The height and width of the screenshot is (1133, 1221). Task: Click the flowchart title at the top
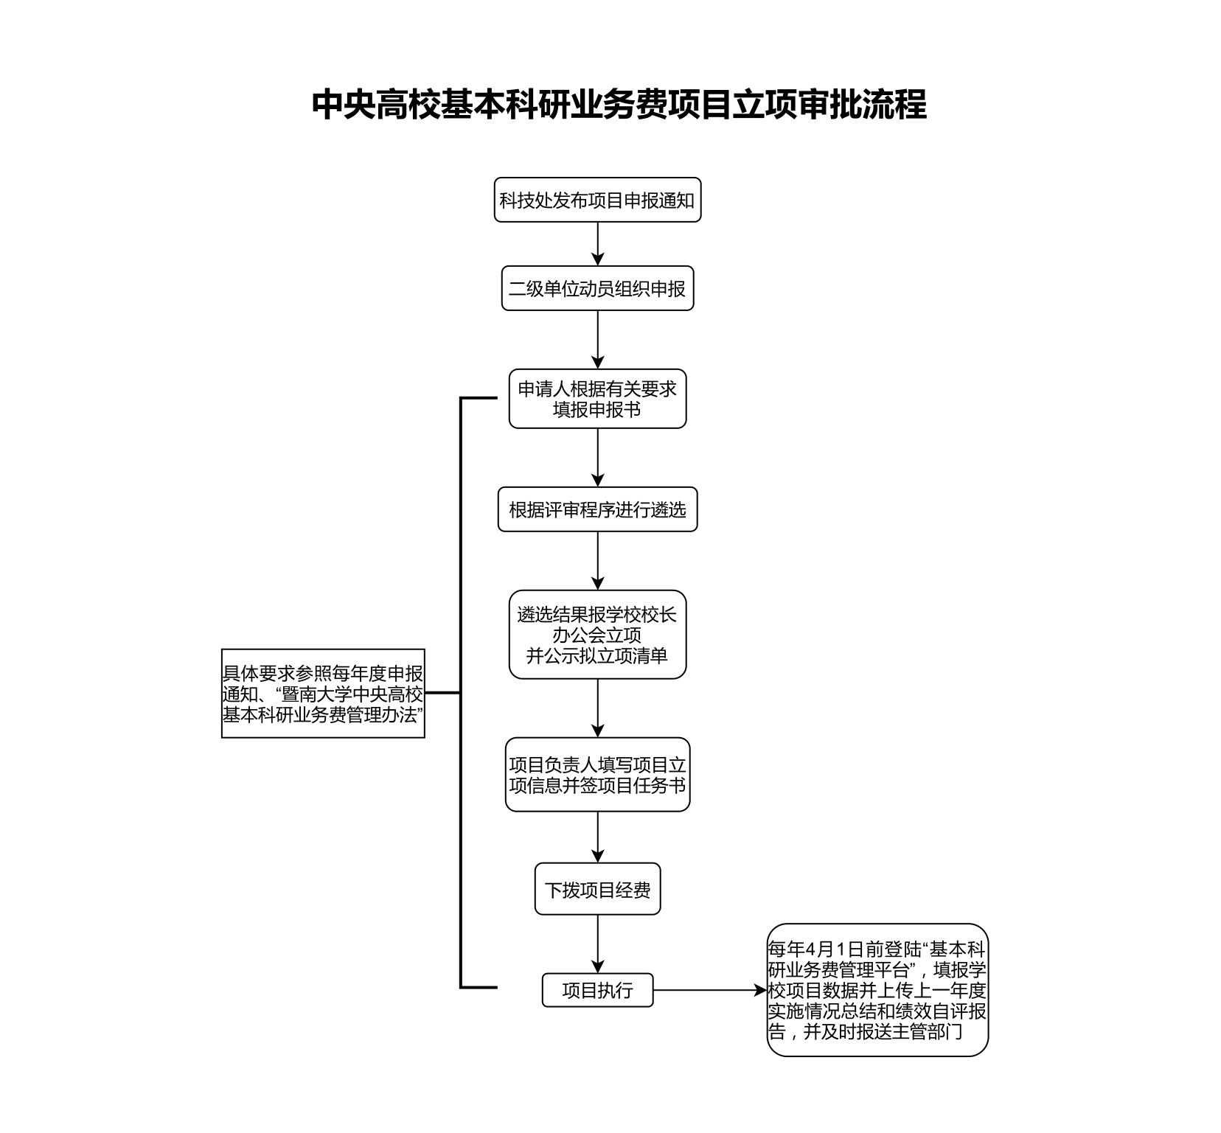tap(619, 104)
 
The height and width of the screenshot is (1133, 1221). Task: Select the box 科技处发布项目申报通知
tap(597, 200)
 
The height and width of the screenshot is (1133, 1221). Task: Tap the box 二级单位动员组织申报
tap(597, 288)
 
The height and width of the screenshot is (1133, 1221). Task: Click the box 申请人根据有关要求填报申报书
tap(597, 399)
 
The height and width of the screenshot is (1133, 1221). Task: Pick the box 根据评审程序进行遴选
tap(597, 509)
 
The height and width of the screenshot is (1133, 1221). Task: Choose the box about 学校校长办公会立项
tap(597, 635)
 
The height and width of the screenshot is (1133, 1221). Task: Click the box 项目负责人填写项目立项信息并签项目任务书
tap(597, 775)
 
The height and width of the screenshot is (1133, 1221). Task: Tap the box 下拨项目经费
tap(597, 889)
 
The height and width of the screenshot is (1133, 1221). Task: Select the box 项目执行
tap(597, 990)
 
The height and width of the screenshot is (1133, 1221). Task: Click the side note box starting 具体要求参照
tap(323, 693)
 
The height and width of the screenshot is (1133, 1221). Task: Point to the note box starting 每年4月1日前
tap(877, 990)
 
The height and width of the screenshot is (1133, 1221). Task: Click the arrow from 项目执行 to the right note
tap(710, 991)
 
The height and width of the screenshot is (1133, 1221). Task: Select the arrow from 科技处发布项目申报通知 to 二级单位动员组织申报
tap(598, 244)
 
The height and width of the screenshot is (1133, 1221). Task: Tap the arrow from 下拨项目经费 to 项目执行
tap(598, 944)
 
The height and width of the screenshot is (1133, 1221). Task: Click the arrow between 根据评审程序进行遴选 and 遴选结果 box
tap(598, 561)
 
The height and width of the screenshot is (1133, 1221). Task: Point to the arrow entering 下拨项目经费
tap(598, 837)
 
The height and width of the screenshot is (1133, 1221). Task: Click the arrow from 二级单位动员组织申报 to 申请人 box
tap(598, 340)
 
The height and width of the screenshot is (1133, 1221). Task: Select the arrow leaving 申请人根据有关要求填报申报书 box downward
tap(598, 458)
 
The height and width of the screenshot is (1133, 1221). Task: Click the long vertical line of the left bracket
tap(461, 693)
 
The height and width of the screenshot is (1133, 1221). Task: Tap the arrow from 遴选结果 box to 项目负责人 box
tap(598, 708)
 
